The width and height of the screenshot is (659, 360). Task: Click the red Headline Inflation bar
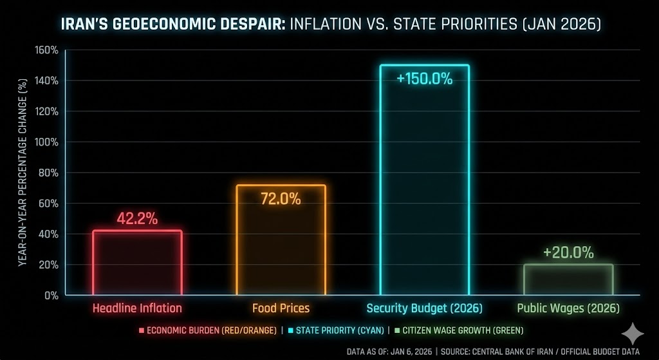[137, 263]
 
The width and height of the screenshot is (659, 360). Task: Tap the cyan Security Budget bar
[424, 180]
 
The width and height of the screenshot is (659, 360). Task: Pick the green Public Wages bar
[568, 279]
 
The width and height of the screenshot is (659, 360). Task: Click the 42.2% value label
[137, 218]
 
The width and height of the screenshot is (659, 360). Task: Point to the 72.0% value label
[281, 198]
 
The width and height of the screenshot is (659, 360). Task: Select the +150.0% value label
[424, 80]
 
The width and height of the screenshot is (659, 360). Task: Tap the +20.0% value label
[568, 252]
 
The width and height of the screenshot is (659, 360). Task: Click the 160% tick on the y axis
[48, 50]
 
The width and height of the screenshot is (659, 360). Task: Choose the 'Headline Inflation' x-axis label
[137, 308]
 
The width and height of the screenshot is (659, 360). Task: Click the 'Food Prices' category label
[281, 308]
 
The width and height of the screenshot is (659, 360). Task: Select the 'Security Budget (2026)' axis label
[424, 308]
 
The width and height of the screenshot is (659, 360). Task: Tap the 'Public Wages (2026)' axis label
[568, 308]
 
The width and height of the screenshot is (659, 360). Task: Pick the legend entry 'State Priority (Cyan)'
[335, 330]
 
